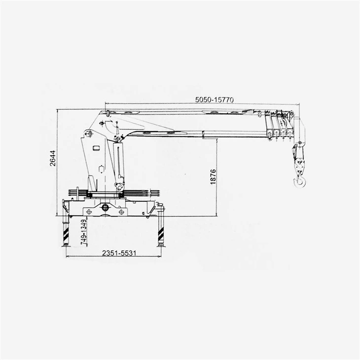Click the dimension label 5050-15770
click(214, 100)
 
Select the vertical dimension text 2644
click(53, 158)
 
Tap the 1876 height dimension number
click(213, 177)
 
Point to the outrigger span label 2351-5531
click(119, 253)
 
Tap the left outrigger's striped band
click(66, 234)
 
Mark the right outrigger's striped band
click(161, 234)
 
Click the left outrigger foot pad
click(66, 246)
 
